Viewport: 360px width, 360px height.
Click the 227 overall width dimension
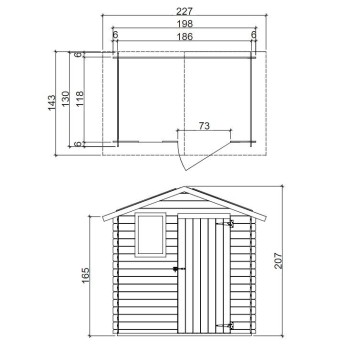181,13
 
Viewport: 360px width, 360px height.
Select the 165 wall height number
86,273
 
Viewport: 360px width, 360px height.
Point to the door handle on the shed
176,269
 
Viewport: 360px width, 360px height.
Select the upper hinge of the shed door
230,224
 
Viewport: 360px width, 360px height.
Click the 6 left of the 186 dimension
116,35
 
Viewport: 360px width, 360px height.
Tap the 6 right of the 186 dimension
254,35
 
